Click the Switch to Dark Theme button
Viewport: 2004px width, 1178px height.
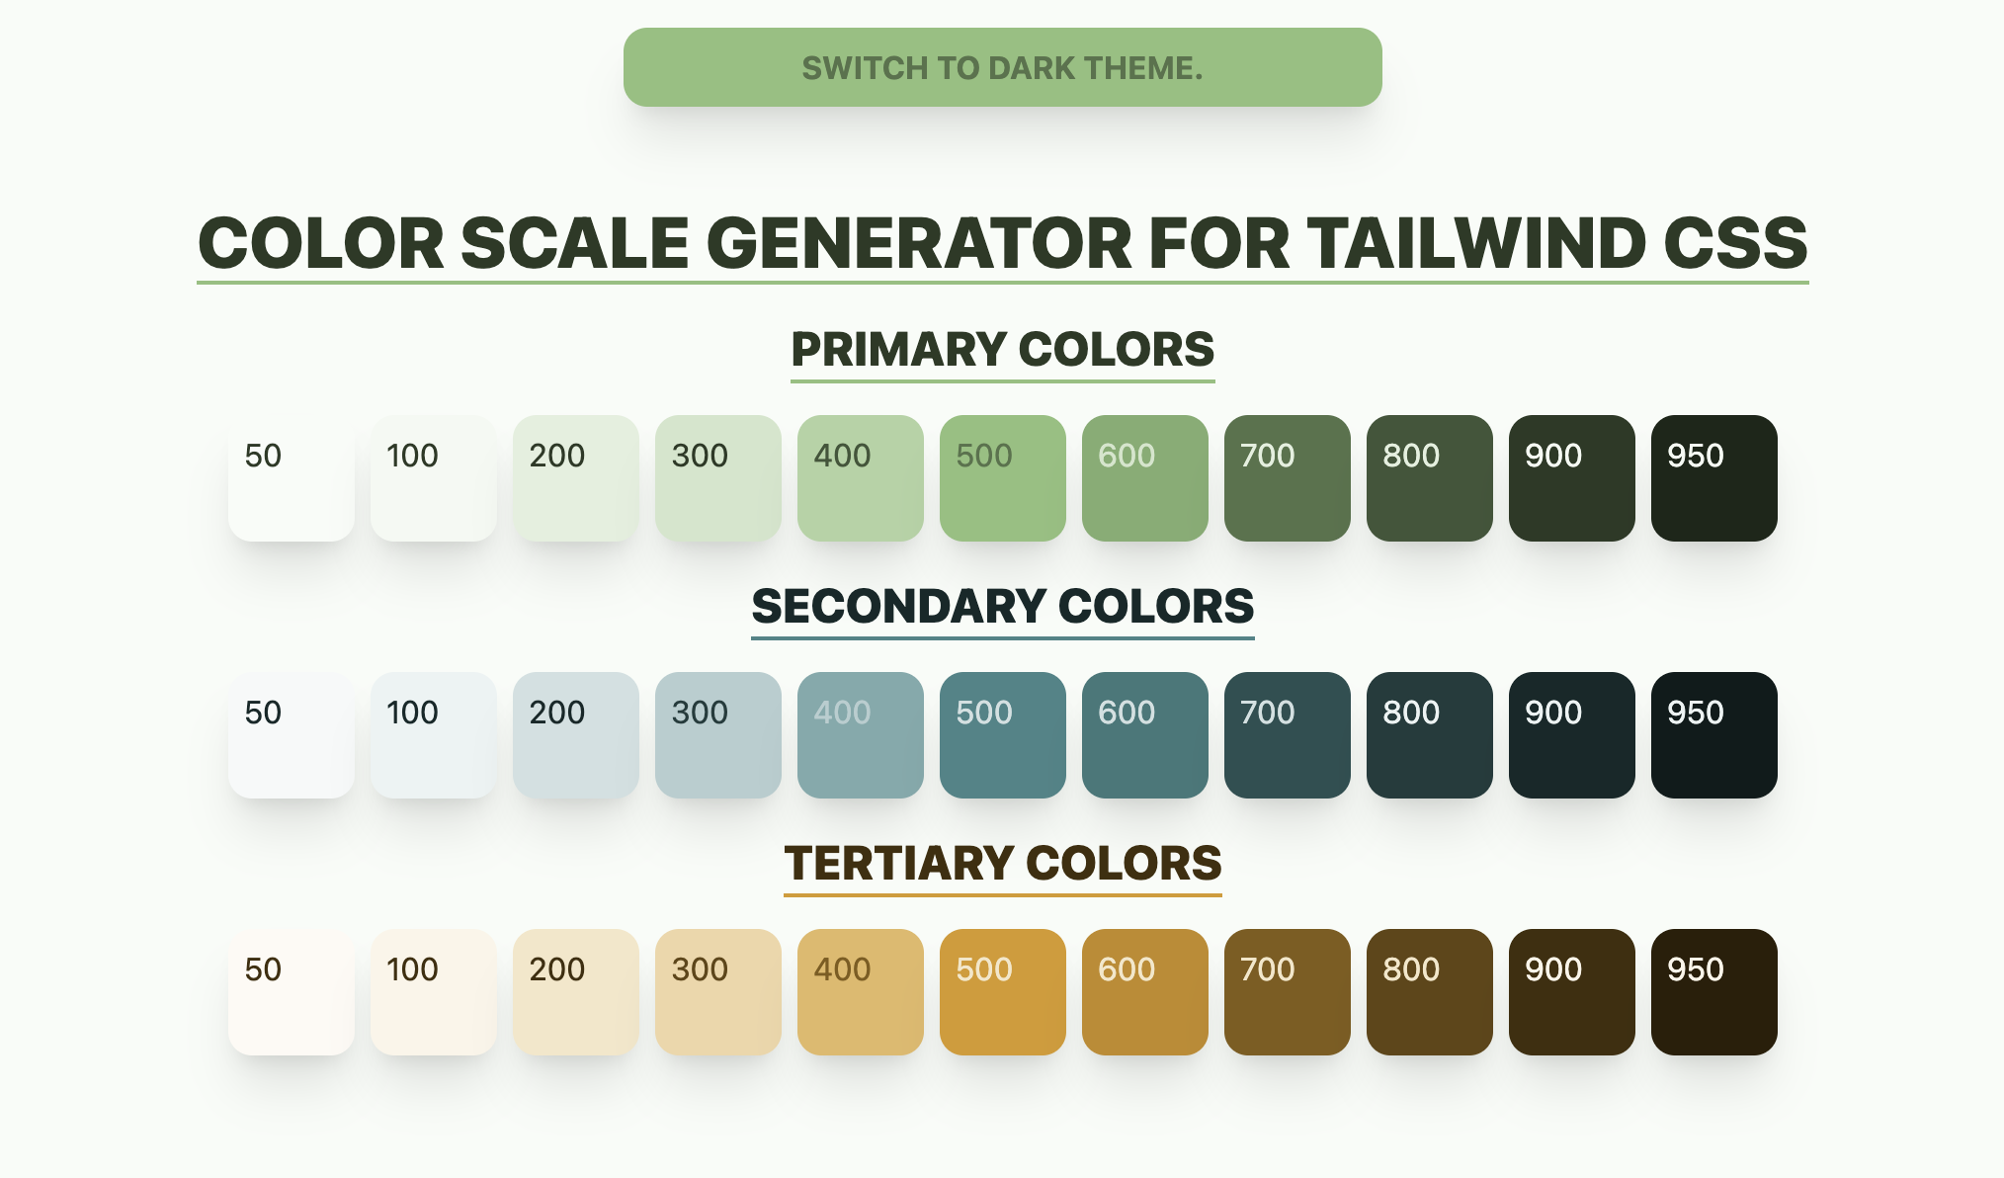[1002, 67]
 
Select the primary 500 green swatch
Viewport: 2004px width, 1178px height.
[1003, 478]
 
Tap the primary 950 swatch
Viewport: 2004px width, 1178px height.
[1714, 478]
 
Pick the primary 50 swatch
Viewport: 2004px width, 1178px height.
[292, 478]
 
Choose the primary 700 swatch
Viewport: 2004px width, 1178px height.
[1288, 478]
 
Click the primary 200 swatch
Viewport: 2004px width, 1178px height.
[576, 478]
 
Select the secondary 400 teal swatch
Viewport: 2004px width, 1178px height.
[861, 735]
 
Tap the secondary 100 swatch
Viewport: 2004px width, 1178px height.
[434, 735]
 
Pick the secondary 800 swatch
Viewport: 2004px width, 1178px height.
[1430, 735]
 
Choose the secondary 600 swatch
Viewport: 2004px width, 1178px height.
[1145, 735]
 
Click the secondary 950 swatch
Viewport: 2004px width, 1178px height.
[1714, 735]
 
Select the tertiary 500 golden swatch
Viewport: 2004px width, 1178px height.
[1003, 992]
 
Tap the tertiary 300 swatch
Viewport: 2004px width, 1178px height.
[718, 992]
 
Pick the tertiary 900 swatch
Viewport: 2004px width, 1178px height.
[1572, 992]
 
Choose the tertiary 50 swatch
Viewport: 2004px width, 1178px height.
[292, 992]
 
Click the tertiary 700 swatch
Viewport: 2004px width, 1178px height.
[1288, 992]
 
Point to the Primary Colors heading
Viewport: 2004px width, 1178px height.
[1003, 350]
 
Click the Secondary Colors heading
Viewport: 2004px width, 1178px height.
[1003, 607]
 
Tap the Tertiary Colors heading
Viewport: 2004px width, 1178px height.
[1003, 864]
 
